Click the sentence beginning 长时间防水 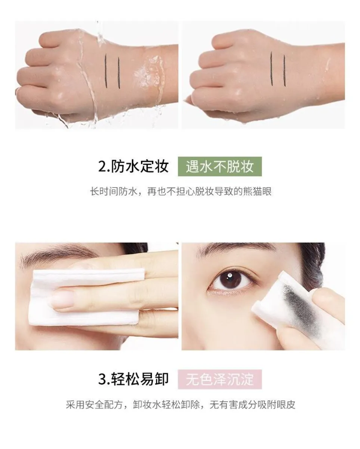pyautogui.click(x=181, y=192)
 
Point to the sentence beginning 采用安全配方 pyautogui.click(x=181, y=405)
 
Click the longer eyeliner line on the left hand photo pyautogui.click(x=106, y=68)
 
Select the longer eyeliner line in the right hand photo pyautogui.click(x=272, y=68)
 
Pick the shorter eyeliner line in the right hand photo pyautogui.click(x=284, y=70)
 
